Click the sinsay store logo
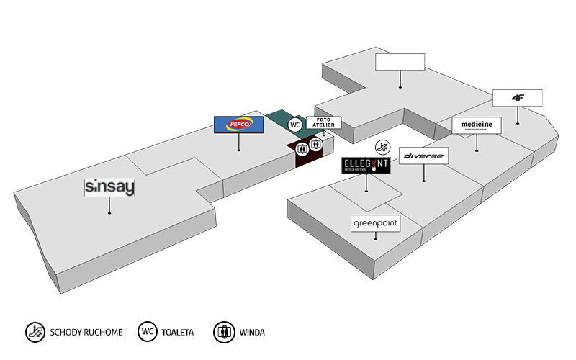coord(109,187)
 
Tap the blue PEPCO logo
coord(239,125)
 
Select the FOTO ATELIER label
coord(321,122)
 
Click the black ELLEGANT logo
coord(366,166)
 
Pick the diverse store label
coord(424,156)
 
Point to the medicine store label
coord(477,125)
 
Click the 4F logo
coord(518,97)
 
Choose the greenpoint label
coord(375,224)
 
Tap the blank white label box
coord(400,62)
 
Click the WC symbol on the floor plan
coord(294,125)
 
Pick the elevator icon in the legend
coord(225,332)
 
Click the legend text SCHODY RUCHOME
coord(86,333)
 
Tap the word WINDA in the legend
coord(253,333)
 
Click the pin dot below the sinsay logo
coord(109,212)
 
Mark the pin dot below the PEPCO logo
coord(239,150)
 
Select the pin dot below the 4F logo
coord(518,122)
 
